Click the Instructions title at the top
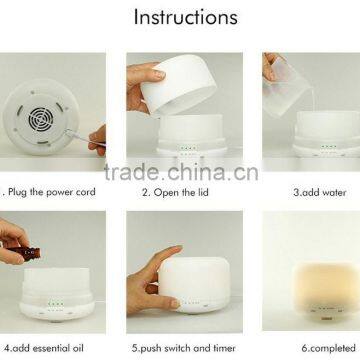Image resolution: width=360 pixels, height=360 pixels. click(186, 17)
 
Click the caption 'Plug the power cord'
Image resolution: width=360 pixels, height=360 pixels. click(52, 192)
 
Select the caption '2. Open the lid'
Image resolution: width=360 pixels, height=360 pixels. click(175, 192)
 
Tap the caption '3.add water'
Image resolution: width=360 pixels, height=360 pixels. click(320, 193)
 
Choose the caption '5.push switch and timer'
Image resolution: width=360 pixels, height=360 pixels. click(184, 348)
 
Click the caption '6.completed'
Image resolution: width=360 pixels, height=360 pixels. click(329, 348)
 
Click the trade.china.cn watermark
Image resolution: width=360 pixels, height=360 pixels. click(181, 172)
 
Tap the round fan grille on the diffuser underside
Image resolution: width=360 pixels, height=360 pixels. click(41, 119)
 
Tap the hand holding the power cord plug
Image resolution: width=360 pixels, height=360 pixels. click(97, 141)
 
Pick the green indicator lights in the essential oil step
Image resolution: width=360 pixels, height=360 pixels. click(56, 304)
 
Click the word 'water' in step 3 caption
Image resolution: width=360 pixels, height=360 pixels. click(332, 193)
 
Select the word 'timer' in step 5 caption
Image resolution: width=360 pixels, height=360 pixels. click(223, 348)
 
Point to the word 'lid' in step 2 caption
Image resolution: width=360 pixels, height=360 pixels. click(202, 192)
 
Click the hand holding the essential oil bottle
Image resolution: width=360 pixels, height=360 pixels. click(13, 240)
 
